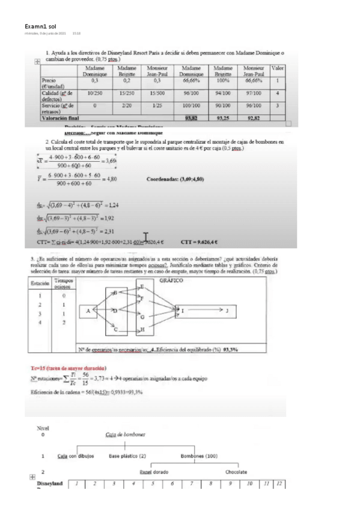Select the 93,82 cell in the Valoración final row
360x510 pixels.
tap(192, 118)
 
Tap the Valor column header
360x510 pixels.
tap(278, 69)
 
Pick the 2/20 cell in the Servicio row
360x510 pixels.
tap(127, 106)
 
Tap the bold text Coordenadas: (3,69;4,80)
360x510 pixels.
tap(178, 178)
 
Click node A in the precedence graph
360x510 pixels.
tap(88, 310)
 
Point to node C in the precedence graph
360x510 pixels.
tap(115, 330)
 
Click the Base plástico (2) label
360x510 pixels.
tap(127, 455)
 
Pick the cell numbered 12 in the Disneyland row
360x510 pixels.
tap(278, 484)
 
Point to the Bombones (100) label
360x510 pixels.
tap(199, 455)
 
